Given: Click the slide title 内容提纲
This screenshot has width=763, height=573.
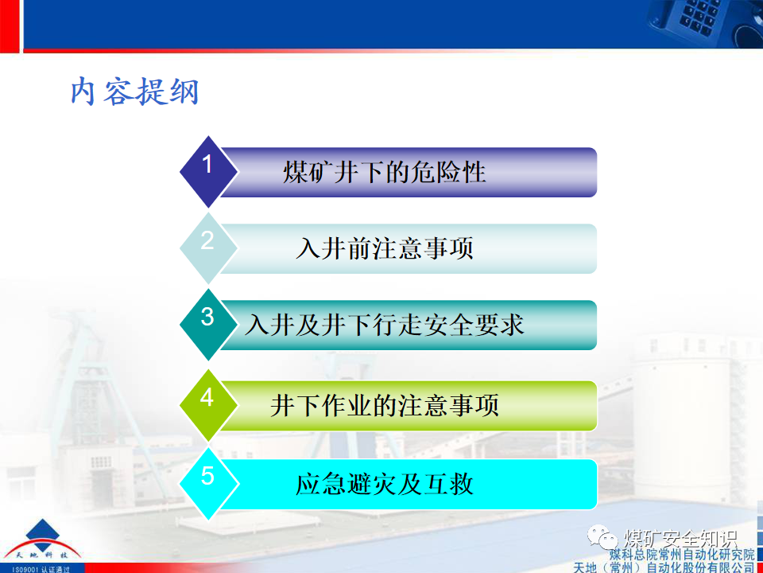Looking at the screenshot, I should [134, 92].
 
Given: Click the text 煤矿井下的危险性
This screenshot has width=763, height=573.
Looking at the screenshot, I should [384, 173].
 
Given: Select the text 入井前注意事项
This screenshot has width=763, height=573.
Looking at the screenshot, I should [384, 249].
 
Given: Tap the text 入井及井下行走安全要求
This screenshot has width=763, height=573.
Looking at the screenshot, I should [385, 325].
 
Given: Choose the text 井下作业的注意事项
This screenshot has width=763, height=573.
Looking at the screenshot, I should [384, 405].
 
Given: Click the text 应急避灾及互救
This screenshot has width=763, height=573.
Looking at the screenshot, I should [384, 484].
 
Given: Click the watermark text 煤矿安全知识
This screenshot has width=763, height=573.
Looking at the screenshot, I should [680, 536].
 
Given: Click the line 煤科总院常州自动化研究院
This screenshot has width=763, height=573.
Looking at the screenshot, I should [681, 554].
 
